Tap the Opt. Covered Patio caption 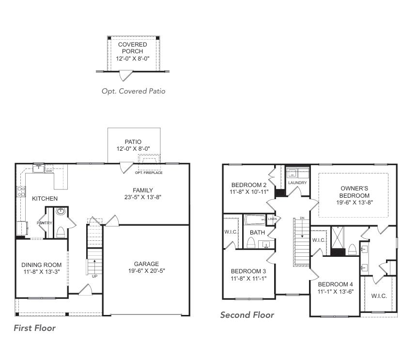(133, 91)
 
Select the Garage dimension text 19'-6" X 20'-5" (146, 271)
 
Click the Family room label (143, 190)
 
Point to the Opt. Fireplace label (148, 172)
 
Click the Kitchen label (45, 198)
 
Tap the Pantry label (45, 223)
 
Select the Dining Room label (41, 265)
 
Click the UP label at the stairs (94, 276)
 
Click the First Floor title (34, 328)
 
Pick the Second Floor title (247, 315)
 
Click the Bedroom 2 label (248, 185)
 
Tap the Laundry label (297, 183)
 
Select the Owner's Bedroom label (355, 188)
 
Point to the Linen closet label (272, 219)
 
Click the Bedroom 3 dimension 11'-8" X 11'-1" (248, 279)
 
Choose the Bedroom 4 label (335, 284)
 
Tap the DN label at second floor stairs (302, 218)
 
